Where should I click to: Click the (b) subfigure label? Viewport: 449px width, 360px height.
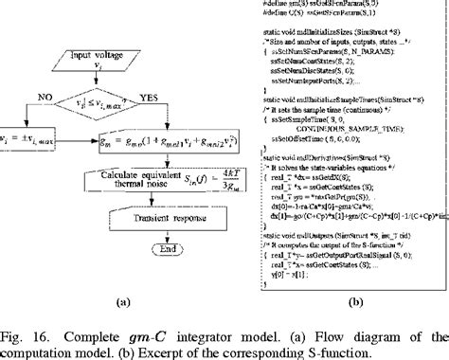click(355, 304)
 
